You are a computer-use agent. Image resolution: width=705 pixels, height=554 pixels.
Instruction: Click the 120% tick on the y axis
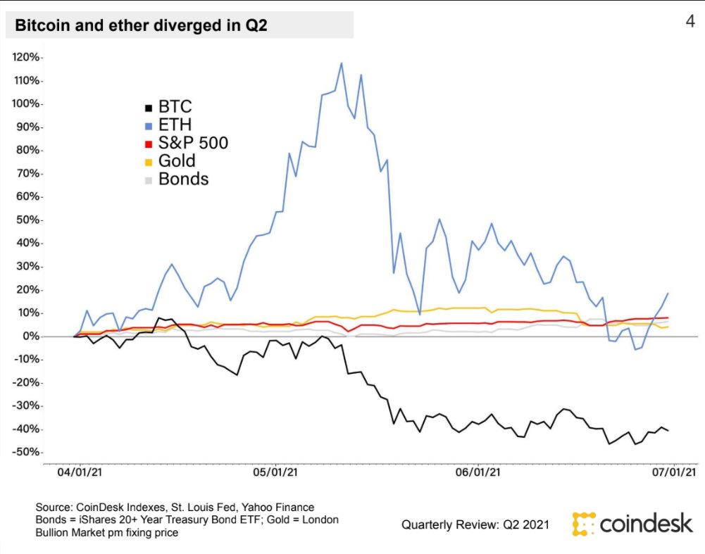click(27, 57)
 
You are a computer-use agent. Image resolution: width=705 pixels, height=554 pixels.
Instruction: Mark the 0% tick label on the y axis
click(31, 336)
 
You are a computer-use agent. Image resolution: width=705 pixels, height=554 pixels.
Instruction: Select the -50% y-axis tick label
click(27, 453)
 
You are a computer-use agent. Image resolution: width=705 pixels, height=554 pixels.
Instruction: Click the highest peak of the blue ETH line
click(342, 63)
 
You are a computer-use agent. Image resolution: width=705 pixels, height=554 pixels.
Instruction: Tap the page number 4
click(690, 22)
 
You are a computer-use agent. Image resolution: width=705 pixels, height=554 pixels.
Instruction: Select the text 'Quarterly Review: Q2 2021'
click(477, 524)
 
